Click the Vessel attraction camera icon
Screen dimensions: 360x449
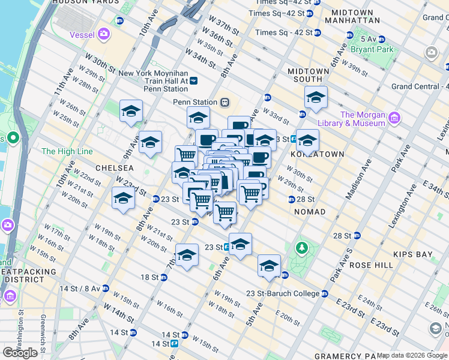coord(104,34)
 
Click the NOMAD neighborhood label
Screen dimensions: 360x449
coord(310,212)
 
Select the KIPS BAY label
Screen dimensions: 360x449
coord(413,254)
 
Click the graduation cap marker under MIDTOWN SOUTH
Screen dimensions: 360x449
coord(316,97)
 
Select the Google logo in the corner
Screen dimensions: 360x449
coord(20,353)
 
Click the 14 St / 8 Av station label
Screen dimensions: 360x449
coord(81,289)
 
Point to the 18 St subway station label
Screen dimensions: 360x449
coord(149,277)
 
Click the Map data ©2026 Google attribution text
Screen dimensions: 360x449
coord(412,355)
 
